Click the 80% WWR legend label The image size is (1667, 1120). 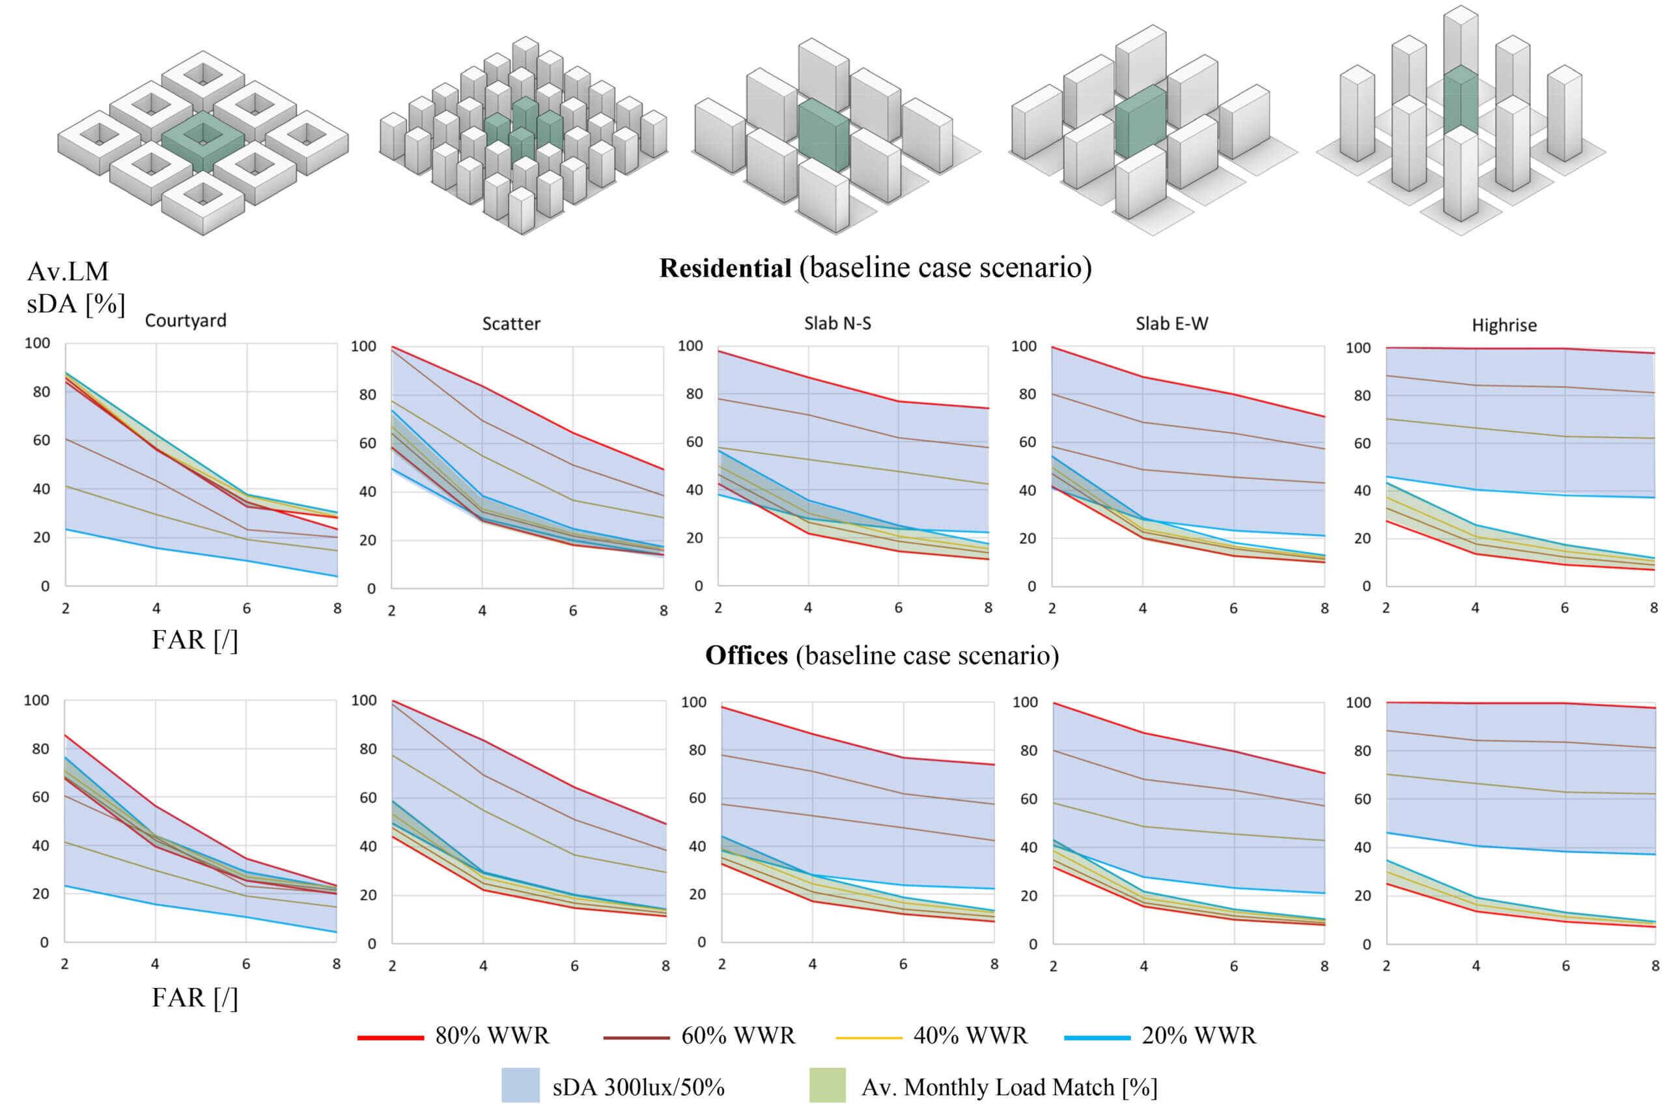point(492,1035)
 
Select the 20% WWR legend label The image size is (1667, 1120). point(1198,1035)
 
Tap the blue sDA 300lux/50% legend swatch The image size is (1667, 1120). point(520,1085)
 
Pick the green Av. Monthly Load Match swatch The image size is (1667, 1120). point(827,1085)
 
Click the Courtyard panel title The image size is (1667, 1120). point(185,321)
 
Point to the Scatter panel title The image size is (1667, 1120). point(511,324)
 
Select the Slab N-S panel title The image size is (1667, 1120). point(837,323)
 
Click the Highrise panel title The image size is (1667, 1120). point(1504,325)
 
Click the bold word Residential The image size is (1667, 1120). point(725,268)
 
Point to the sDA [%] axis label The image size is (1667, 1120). point(76,303)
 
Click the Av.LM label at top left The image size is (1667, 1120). point(68,271)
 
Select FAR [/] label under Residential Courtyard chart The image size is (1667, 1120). point(194,640)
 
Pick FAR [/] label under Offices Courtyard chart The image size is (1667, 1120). point(194,997)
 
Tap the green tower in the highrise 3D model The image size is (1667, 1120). point(1460,100)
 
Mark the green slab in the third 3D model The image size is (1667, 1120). point(822,134)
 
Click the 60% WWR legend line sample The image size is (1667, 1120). point(636,1037)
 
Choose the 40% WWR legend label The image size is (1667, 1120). point(970,1035)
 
